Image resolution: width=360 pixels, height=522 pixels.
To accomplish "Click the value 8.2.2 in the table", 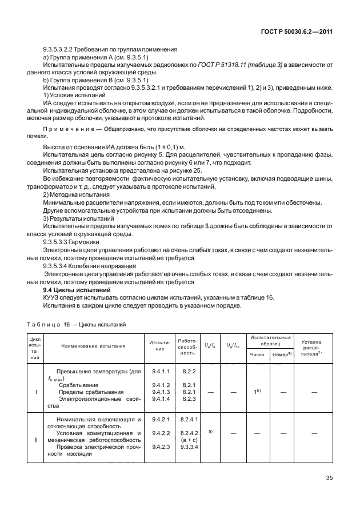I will pyautogui.click(x=189, y=372).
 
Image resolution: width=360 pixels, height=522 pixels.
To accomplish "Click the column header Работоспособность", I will pyautogui.click(x=188, y=346).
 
